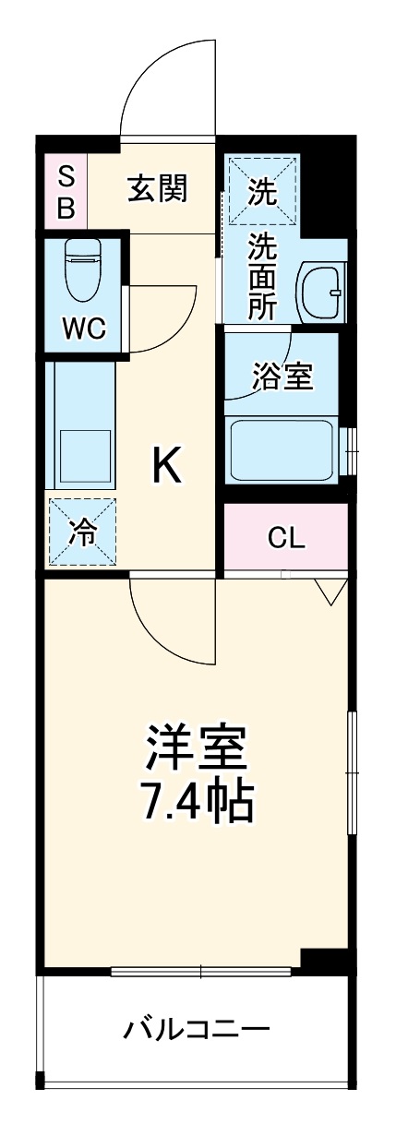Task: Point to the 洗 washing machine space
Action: (263, 191)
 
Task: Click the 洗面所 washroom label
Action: (264, 276)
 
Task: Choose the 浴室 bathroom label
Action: (282, 377)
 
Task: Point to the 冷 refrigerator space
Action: (83, 533)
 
